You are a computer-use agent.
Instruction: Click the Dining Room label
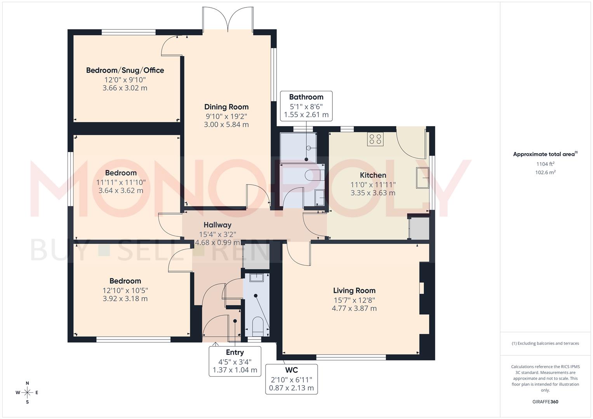(226, 107)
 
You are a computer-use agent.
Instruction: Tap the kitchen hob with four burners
(375, 139)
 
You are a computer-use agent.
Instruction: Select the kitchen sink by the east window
(423, 178)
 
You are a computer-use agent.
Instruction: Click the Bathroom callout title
(306, 97)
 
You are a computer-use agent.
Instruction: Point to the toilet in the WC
(257, 326)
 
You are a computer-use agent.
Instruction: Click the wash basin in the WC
(256, 277)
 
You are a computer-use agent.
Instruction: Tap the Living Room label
(354, 291)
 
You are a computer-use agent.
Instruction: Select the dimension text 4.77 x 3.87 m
(354, 308)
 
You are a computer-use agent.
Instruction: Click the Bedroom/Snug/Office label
(125, 70)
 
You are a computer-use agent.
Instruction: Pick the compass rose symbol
(27, 393)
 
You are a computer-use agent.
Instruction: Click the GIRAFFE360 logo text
(545, 402)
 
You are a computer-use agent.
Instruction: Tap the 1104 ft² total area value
(545, 164)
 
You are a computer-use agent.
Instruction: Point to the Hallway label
(217, 225)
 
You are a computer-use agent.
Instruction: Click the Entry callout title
(235, 352)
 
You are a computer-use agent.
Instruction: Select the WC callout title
(291, 370)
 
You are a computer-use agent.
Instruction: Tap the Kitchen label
(373, 175)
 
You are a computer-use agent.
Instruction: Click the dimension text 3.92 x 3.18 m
(125, 299)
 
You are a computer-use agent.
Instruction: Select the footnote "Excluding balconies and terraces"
(545, 343)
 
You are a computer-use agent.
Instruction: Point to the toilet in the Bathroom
(313, 176)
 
